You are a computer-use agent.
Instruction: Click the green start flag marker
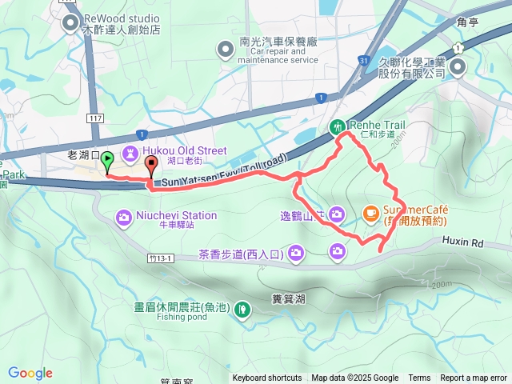point(107,162)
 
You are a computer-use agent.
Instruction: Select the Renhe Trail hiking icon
point(338,126)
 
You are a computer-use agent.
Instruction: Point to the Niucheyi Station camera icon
point(123,215)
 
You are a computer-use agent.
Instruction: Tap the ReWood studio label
point(122,18)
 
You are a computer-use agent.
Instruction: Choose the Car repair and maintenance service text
point(278,60)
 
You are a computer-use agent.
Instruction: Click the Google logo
point(30,372)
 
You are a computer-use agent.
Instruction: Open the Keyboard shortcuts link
point(267,378)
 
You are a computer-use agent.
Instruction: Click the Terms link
point(419,378)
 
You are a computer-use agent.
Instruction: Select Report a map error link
point(472,378)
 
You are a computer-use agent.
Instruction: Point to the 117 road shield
point(95,118)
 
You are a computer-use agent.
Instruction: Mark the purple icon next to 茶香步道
point(296,254)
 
